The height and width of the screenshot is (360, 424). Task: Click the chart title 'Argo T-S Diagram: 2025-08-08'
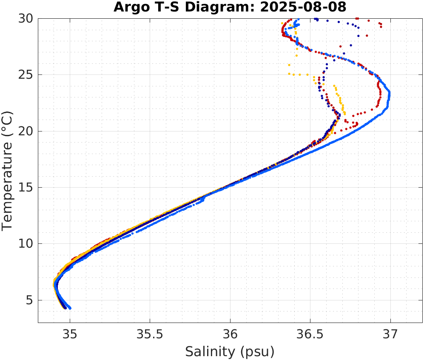coord(230,7)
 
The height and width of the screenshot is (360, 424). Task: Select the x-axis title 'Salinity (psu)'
coord(230,351)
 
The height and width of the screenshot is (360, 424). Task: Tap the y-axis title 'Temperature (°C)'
coord(8,170)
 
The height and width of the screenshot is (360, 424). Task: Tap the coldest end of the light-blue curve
coord(70,308)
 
